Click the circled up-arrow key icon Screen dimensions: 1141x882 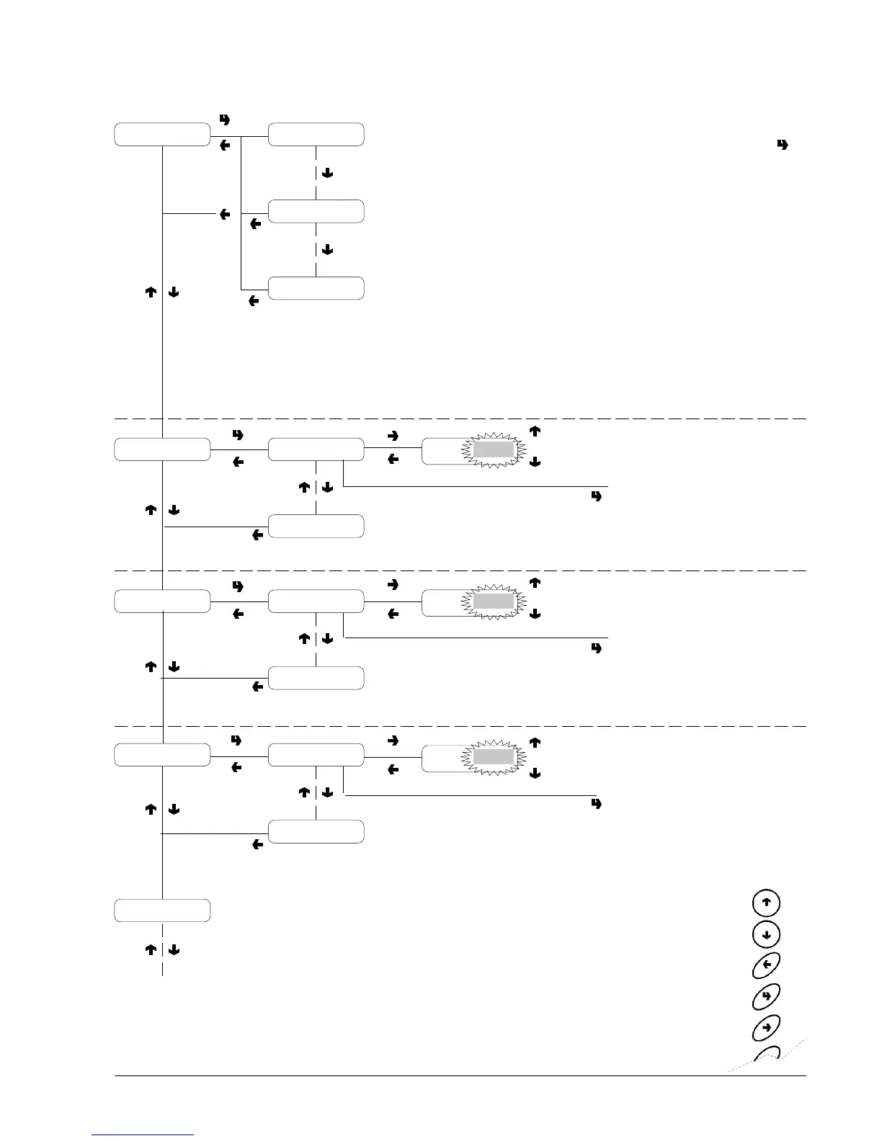(766, 903)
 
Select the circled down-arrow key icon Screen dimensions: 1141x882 (766, 934)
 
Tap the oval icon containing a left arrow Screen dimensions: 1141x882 (766, 965)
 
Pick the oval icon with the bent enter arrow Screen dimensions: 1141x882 (766, 995)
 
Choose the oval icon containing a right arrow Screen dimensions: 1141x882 (766, 1026)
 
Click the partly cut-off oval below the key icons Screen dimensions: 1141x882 (767, 1055)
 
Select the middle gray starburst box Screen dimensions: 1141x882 (493, 601)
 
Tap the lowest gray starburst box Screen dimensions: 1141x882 (493, 758)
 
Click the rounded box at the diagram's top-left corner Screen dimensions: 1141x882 (162, 135)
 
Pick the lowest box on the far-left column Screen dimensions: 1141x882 (162, 910)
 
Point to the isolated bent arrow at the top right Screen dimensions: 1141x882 (782, 145)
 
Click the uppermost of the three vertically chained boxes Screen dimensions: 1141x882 (316, 135)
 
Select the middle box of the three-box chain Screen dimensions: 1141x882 (316, 211)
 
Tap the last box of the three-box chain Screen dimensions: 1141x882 (316, 288)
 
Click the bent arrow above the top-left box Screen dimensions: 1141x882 (224, 120)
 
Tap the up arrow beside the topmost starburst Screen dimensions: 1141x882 (535, 431)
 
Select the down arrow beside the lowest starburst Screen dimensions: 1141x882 (535, 773)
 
